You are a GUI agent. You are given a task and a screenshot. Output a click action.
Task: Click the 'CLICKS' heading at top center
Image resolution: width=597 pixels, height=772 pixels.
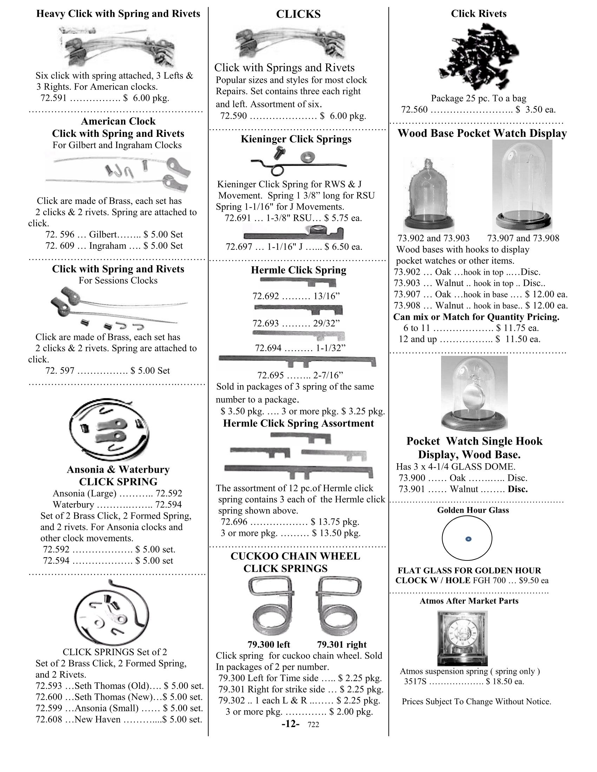[x=298, y=14]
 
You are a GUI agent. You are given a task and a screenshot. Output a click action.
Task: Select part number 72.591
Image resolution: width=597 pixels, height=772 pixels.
[x=53, y=98]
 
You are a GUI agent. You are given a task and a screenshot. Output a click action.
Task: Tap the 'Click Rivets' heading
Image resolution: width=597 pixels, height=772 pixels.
[x=478, y=14]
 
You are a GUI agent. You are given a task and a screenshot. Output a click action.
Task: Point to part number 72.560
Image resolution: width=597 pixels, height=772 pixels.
[x=414, y=109]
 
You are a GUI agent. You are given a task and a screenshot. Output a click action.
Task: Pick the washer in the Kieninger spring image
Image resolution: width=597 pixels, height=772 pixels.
[x=306, y=156]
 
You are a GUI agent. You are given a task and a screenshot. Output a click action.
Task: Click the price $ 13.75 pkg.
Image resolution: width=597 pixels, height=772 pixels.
[x=335, y=522]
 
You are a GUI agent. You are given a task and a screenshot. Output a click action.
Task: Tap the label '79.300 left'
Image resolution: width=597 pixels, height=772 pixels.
[x=268, y=644]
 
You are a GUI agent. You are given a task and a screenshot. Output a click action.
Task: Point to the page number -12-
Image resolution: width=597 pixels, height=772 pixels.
[x=290, y=724]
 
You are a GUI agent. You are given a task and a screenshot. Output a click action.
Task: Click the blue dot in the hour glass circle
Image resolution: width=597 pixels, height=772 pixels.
[x=468, y=539]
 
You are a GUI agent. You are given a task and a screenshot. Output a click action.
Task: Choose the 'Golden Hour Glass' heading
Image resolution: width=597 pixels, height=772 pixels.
[x=473, y=510]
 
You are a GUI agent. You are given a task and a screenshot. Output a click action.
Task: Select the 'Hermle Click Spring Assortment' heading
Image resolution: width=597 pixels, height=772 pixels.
[x=298, y=423]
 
